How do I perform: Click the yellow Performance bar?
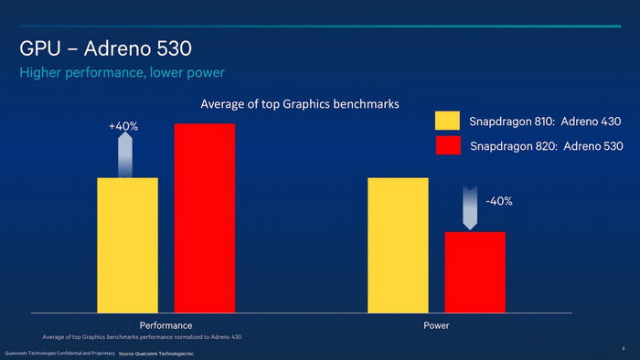click(x=127, y=245)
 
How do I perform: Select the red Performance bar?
click(x=204, y=217)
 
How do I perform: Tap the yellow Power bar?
click(x=398, y=245)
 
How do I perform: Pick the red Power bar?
click(x=475, y=272)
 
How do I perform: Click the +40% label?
click(x=123, y=126)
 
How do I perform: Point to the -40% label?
click(x=497, y=201)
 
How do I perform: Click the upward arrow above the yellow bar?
click(x=125, y=154)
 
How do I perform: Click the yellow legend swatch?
click(x=447, y=122)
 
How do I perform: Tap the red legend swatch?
click(x=447, y=145)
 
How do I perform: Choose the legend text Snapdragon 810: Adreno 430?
click(x=532, y=122)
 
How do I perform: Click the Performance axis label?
click(x=165, y=325)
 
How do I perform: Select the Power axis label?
click(x=436, y=325)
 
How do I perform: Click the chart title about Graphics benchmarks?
click(x=300, y=104)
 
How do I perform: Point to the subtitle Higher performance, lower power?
click(x=123, y=72)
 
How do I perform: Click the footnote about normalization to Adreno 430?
click(x=142, y=338)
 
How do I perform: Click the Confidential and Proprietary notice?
click(x=59, y=352)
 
